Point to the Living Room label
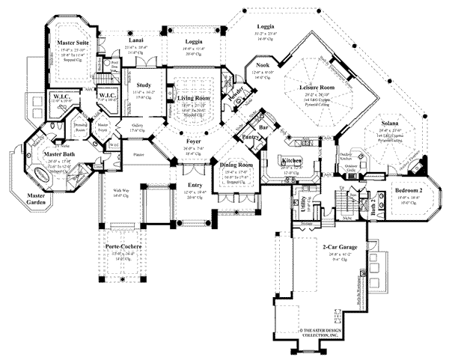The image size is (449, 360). pyautogui.click(x=193, y=97)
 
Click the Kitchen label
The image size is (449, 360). pyautogui.click(x=290, y=161)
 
